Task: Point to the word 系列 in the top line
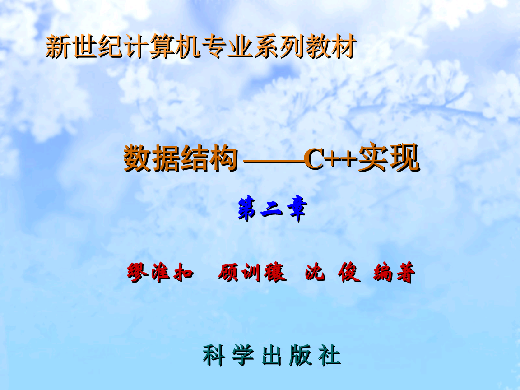[x=277, y=47]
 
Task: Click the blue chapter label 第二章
[x=272, y=210]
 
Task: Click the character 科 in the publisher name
[x=214, y=356]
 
